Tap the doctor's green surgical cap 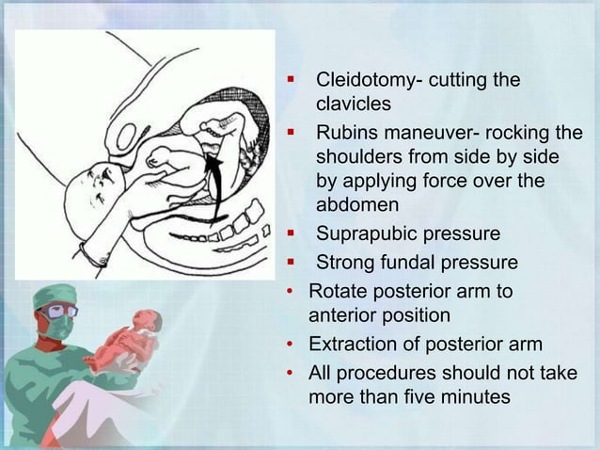(x=52, y=297)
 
